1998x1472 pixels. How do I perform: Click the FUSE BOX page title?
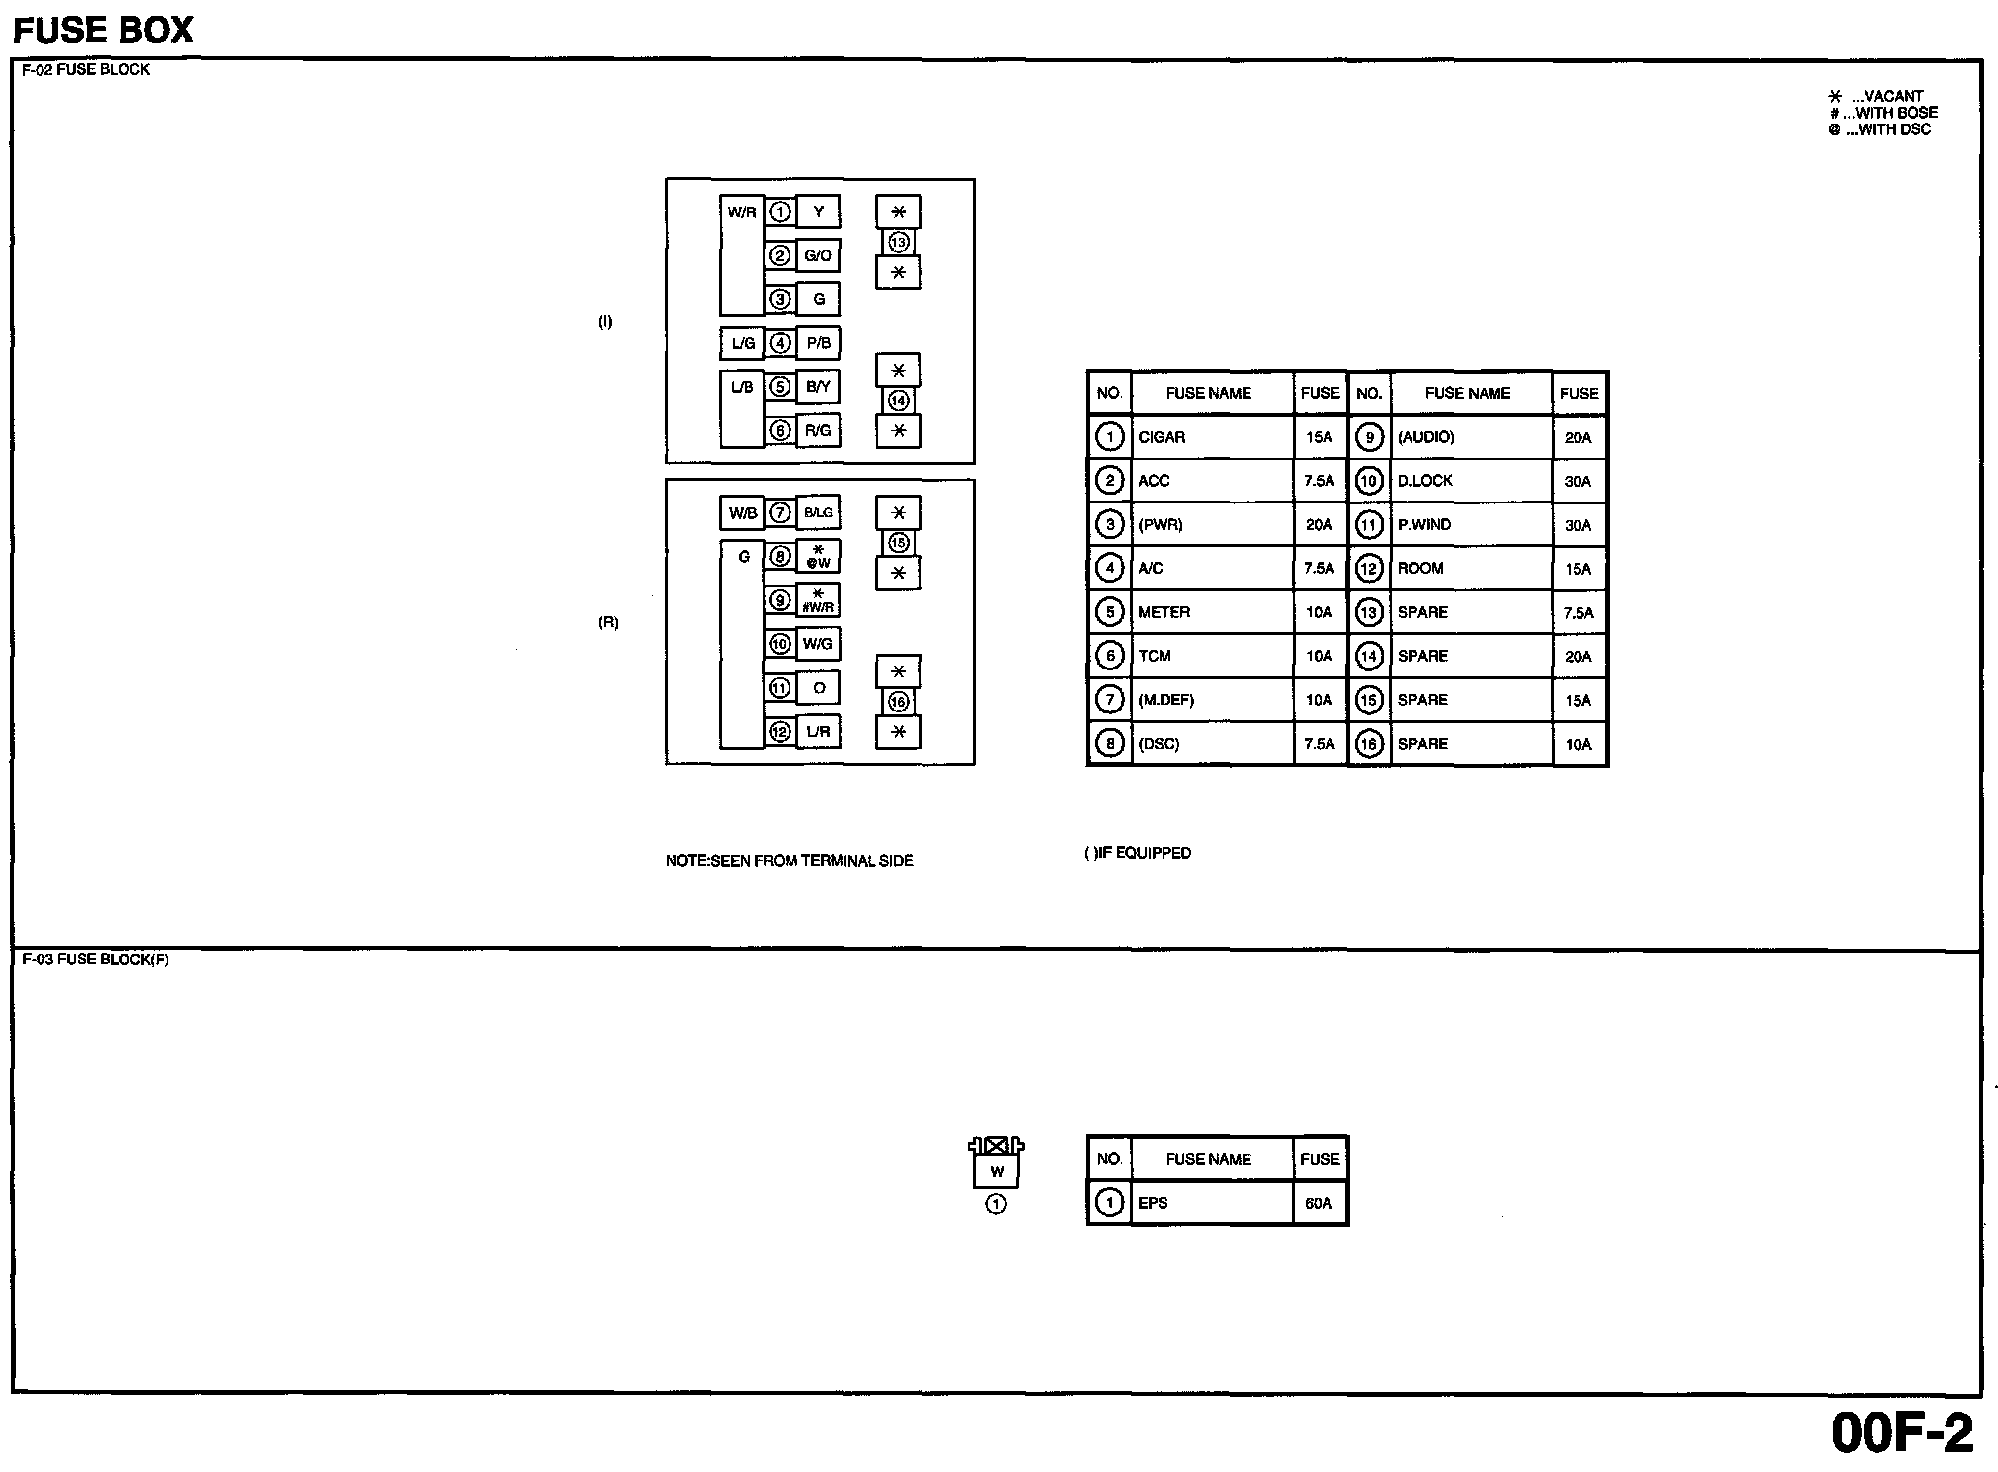tap(103, 30)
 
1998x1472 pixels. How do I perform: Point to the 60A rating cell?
tap(1319, 1203)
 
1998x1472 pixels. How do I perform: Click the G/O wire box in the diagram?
tap(818, 256)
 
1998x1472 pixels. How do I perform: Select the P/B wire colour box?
tap(818, 343)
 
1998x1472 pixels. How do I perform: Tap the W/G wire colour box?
tap(818, 644)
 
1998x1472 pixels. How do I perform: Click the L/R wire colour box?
tap(818, 731)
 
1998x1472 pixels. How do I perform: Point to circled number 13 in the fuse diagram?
tap(898, 242)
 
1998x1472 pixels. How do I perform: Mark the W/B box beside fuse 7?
tap(742, 513)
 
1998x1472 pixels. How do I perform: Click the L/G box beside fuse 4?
tap(742, 343)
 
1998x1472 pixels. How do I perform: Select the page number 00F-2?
tap(1902, 1432)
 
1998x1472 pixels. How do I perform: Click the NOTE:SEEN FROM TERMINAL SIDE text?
tap(789, 861)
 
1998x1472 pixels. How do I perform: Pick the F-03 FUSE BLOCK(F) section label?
tap(95, 960)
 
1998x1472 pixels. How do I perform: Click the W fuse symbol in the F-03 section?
tap(997, 1171)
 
